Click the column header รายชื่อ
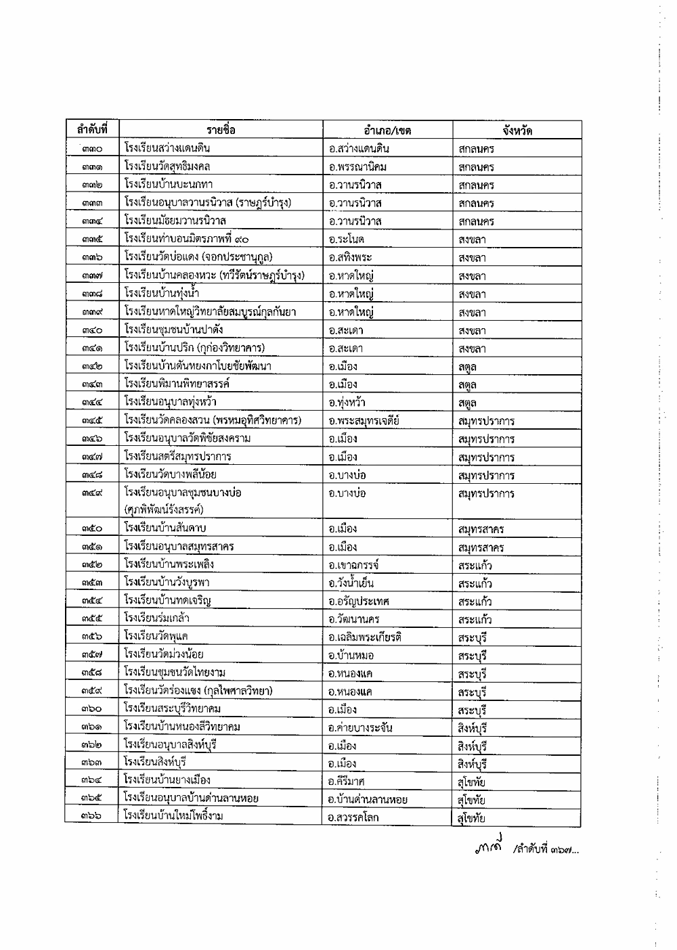pos(221,130)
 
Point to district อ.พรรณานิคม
pos(357,167)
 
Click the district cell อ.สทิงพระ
pos(350,258)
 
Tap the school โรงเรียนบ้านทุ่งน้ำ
pos(162,293)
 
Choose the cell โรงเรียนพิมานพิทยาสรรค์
pos(177,384)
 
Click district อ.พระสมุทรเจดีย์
pos(364,421)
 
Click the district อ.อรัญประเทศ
pos(359,602)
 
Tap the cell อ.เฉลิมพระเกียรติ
pos(365,637)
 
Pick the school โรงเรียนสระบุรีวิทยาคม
pos(173,709)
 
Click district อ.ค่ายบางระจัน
pos(360,728)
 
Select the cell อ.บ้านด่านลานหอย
pos(367,800)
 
